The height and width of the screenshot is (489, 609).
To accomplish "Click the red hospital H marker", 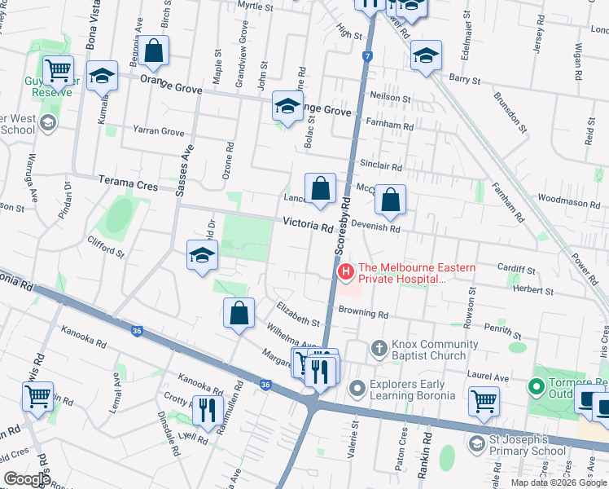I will [345, 271].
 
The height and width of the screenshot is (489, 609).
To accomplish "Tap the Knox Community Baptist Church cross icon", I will [379, 349].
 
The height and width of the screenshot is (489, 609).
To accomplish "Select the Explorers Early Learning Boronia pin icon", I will [356, 387].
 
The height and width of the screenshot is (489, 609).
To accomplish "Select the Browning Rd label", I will [363, 313].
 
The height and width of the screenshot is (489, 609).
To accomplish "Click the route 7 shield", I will [368, 57].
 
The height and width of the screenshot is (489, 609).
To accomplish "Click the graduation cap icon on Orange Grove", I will [287, 108].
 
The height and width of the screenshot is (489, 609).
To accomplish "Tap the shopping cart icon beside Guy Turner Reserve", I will [59, 72].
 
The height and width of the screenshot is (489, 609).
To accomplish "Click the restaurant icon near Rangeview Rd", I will [208, 408].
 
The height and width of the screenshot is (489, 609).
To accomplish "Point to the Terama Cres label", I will [128, 186].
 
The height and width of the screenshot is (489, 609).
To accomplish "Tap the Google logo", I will [27, 479].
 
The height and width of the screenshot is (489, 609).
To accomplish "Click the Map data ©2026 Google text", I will [559, 482].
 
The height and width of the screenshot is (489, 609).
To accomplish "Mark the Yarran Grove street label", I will [159, 131].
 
